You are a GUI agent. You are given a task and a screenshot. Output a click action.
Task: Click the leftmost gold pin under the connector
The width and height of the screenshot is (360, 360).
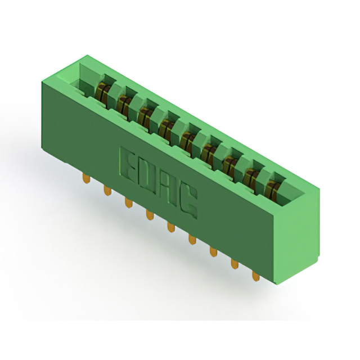[x=86, y=178]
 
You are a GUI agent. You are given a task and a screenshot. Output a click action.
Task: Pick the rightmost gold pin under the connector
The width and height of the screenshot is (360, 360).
[x=255, y=276]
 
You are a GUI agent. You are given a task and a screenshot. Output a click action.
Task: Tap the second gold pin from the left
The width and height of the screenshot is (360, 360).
[x=107, y=190]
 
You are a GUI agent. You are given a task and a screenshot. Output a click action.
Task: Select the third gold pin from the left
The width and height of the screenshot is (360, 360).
[x=129, y=202]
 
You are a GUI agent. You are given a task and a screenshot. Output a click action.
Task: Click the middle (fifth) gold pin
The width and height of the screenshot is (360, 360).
[x=171, y=227]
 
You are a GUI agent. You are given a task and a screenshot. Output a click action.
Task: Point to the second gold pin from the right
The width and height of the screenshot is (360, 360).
[x=235, y=264]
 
